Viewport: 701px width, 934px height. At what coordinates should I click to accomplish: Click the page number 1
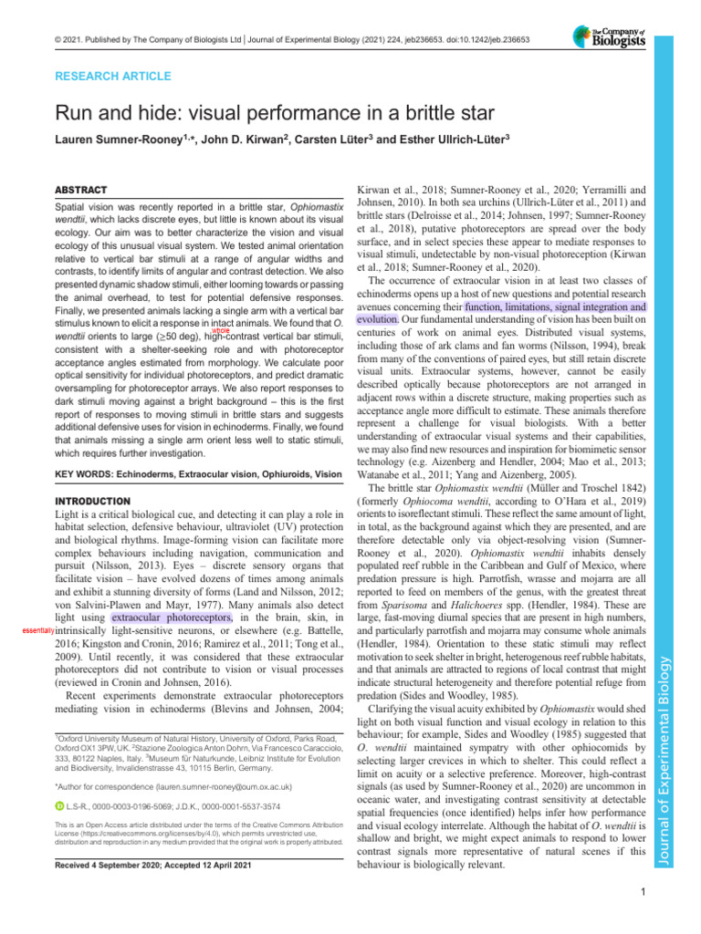(x=643, y=892)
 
